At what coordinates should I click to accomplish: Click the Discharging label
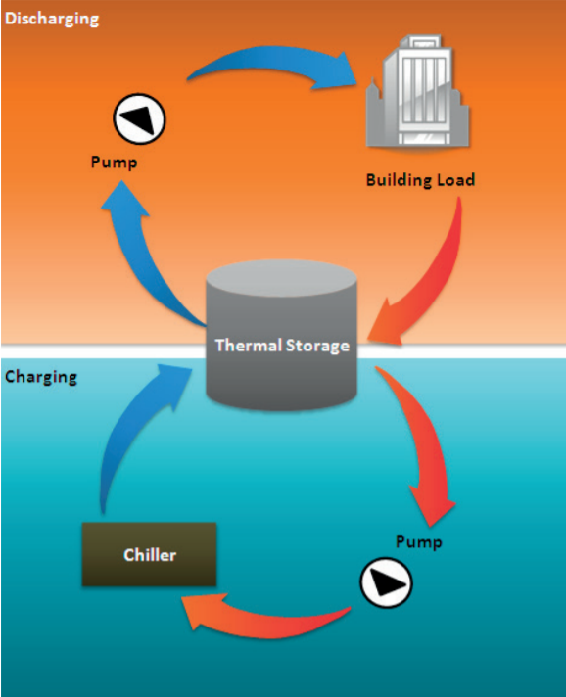[x=52, y=19]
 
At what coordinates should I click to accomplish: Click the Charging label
[x=41, y=377]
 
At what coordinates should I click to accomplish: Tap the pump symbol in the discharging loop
[x=139, y=120]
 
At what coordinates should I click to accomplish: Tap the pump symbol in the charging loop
[x=386, y=584]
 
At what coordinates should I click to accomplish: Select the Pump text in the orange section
[x=115, y=163]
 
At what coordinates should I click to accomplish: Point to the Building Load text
[x=420, y=180]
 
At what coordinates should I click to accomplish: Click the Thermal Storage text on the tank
[x=281, y=346]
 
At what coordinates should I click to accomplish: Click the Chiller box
[x=150, y=555]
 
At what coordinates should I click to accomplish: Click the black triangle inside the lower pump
[x=387, y=584]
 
